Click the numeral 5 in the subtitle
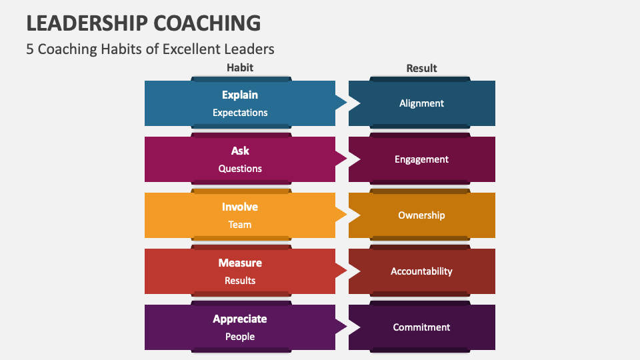[x=30, y=49]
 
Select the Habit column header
[x=240, y=68]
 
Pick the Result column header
[x=421, y=68]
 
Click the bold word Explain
[x=240, y=95]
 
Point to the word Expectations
[x=240, y=113]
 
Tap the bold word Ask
[x=240, y=151]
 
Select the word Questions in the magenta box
[x=240, y=169]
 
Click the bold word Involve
[x=240, y=207]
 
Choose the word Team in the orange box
[x=240, y=225]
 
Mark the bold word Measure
[x=240, y=263]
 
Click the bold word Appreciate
[x=240, y=319]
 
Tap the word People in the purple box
[x=240, y=337]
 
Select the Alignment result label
[x=421, y=103]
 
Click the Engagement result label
[x=421, y=159]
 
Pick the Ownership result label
[x=421, y=215]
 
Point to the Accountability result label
[x=421, y=271]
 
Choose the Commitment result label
[x=421, y=327]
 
